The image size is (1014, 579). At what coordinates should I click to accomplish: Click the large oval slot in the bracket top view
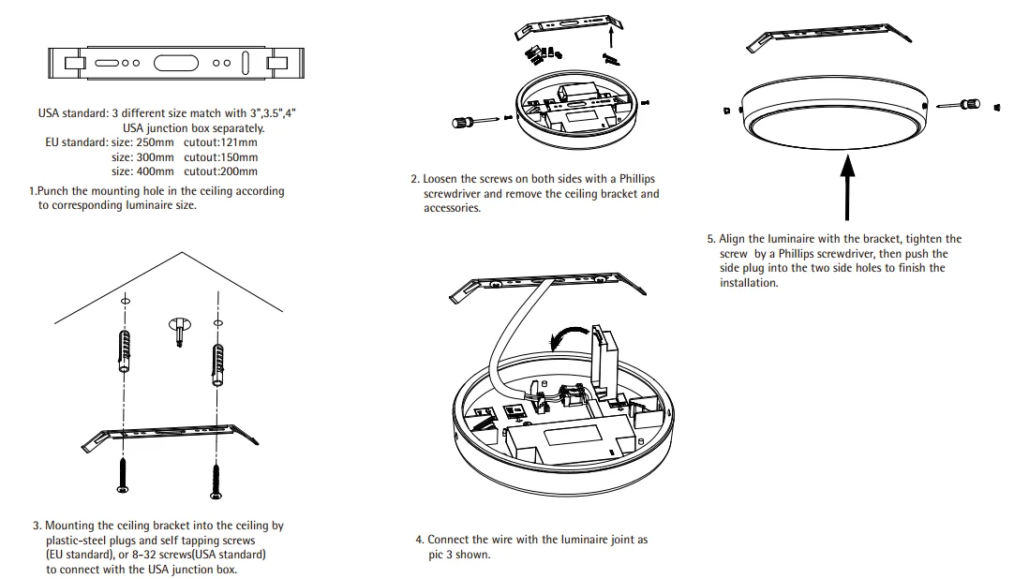[x=176, y=64]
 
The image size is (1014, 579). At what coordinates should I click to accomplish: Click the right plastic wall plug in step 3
[x=219, y=361]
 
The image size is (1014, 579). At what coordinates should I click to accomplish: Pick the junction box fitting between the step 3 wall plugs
[x=178, y=329]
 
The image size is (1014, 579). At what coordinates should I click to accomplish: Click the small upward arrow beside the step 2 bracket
[x=611, y=36]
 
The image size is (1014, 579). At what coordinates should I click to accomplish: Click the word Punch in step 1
[x=53, y=191]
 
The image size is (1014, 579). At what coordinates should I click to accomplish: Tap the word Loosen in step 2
[x=442, y=178]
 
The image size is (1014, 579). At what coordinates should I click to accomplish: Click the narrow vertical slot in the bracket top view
[x=246, y=64]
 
